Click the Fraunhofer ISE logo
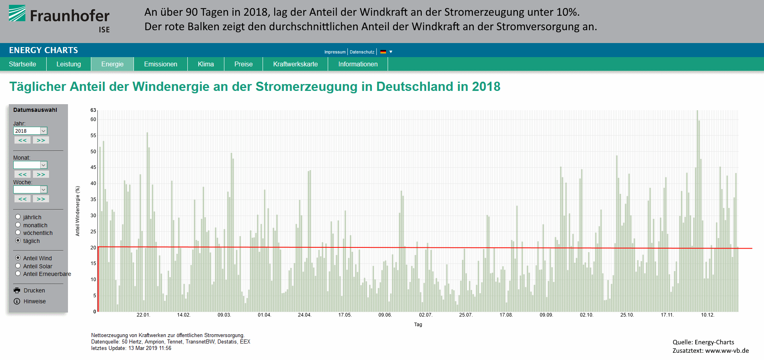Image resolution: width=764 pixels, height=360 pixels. click(59, 18)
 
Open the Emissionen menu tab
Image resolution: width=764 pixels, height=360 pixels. click(160, 64)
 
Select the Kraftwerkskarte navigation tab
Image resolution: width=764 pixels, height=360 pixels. click(295, 64)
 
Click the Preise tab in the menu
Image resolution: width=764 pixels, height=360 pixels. click(243, 64)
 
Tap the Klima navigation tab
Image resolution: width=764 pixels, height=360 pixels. click(205, 64)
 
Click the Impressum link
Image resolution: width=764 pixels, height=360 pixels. click(335, 52)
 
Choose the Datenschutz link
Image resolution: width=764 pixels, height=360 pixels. click(362, 52)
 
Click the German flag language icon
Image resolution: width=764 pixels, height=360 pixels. click(383, 52)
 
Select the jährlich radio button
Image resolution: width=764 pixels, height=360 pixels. click(18, 217)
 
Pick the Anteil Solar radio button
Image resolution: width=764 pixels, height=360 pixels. click(18, 266)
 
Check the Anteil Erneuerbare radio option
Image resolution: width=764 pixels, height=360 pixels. click(18, 274)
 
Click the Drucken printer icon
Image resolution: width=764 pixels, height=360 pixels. click(17, 290)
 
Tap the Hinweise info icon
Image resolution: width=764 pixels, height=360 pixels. click(17, 301)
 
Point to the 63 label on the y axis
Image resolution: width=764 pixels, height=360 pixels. click(93, 110)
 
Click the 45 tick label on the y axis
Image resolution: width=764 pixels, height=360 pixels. click(93, 167)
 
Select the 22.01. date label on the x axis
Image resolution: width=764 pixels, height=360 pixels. click(143, 315)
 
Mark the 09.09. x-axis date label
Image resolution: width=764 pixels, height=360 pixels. click(546, 315)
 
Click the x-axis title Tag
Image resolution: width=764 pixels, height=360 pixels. click(418, 325)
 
